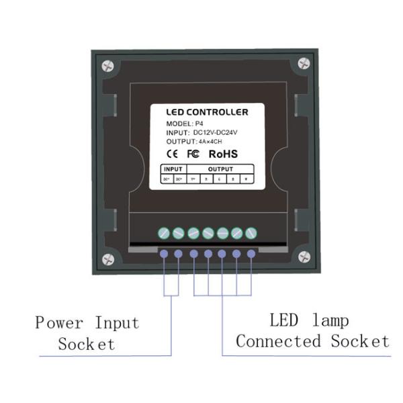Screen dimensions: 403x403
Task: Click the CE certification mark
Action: tap(171, 154)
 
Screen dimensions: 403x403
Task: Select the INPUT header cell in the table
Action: tap(173, 170)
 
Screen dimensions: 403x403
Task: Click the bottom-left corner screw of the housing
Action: tap(107, 259)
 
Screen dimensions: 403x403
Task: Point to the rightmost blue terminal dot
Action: tap(251, 254)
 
